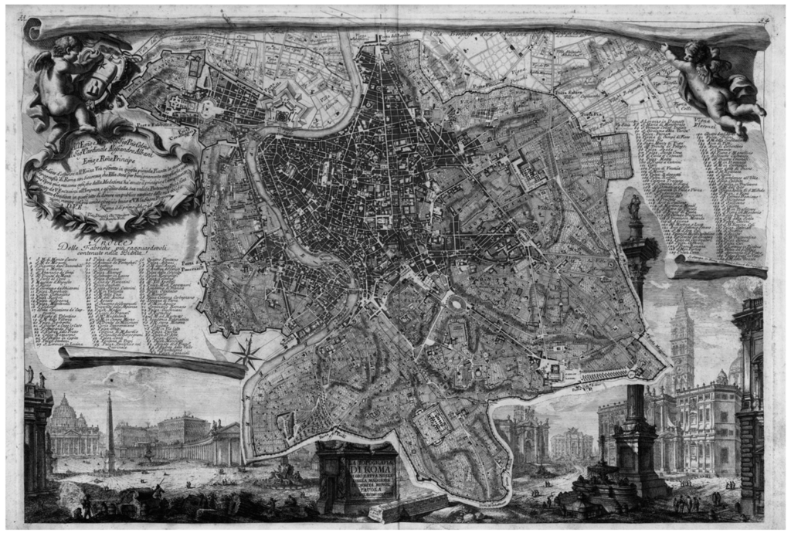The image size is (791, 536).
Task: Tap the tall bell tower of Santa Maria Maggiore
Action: (683, 340)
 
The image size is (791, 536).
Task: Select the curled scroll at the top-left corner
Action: (32, 29)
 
